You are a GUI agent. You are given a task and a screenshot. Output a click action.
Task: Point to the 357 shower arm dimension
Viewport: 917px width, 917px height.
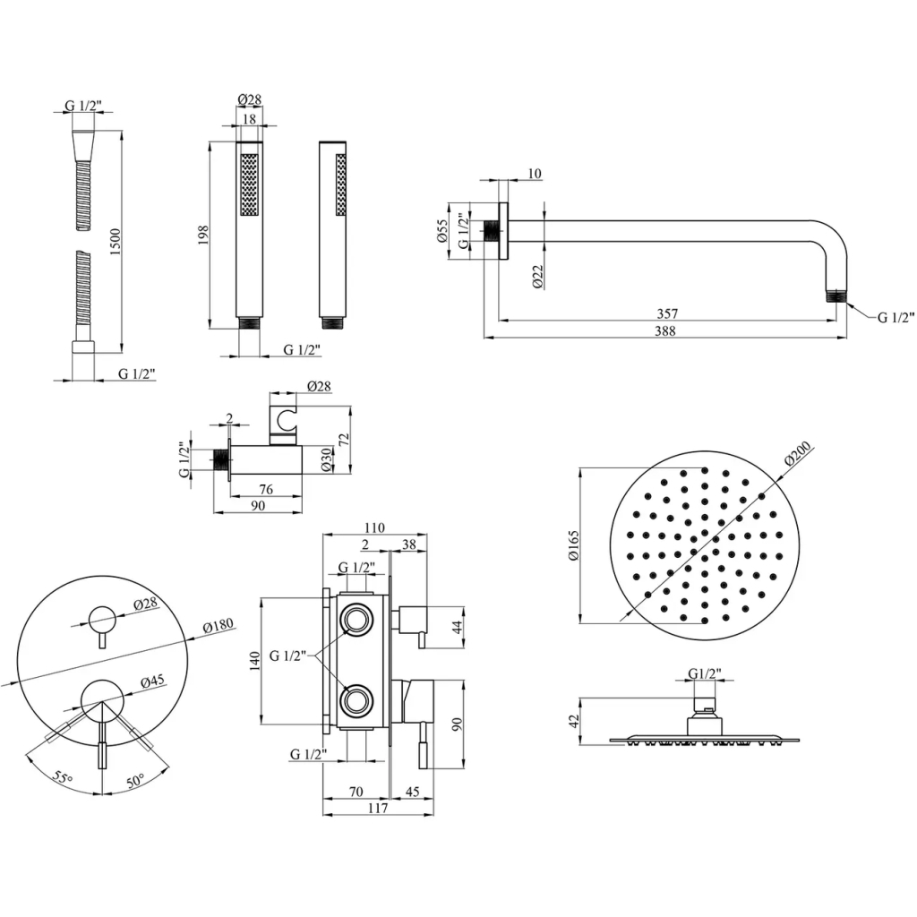click(x=666, y=313)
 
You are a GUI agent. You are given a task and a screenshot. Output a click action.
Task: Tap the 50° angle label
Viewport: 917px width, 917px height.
click(x=134, y=781)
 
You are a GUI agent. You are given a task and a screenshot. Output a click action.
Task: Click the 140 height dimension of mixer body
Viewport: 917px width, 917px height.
click(x=255, y=661)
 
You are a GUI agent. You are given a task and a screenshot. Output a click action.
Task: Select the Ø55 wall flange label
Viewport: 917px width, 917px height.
click(x=443, y=231)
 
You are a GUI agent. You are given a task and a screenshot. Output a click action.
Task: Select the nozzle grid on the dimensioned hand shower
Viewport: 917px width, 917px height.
click(x=250, y=183)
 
